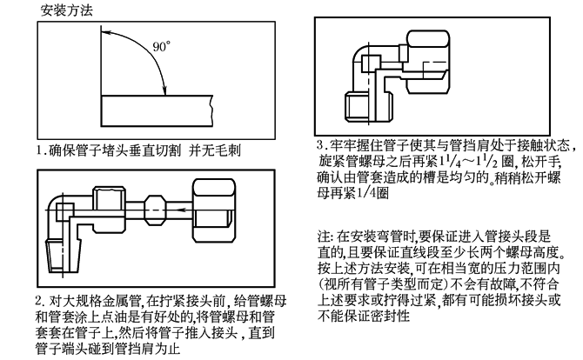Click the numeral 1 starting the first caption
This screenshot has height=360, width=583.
39,150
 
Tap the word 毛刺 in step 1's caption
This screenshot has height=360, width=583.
227,150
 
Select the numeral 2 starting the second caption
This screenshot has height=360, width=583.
40,298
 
